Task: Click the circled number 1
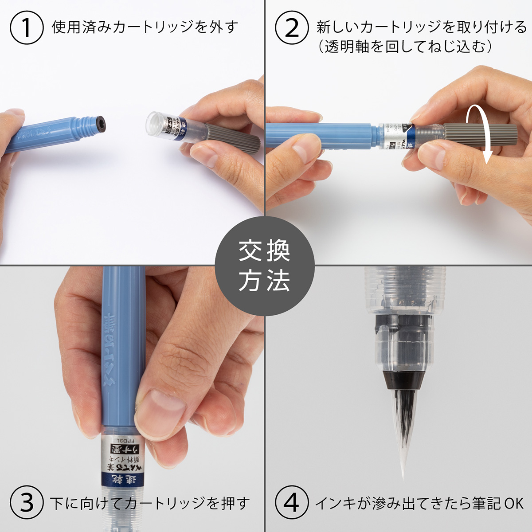click(x=26, y=27)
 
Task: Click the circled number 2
click(x=291, y=27)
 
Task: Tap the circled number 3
click(x=26, y=503)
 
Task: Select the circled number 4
click(x=291, y=503)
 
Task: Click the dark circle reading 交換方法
click(x=265, y=266)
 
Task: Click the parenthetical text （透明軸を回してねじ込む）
click(x=406, y=47)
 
